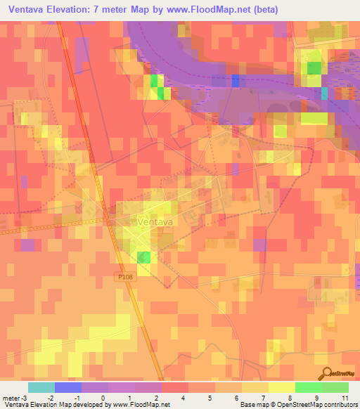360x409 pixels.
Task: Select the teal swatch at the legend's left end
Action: pyautogui.click(x=41, y=387)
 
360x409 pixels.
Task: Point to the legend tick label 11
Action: pyautogui.click(x=345, y=398)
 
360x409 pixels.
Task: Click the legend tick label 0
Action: pyautogui.click(x=103, y=398)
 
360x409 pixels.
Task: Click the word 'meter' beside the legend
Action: pyautogui.click(x=13, y=398)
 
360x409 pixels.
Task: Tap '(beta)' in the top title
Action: pyautogui.click(x=266, y=9)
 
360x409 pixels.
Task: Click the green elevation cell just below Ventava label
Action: pyautogui.click(x=143, y=257)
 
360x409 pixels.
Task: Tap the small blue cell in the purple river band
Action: pyautogui.click(x=235, y=80)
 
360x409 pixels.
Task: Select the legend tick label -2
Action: pyautogui.click(x=49, y=398)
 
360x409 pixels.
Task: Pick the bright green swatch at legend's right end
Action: pyautogui.click(x=335, y=387)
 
